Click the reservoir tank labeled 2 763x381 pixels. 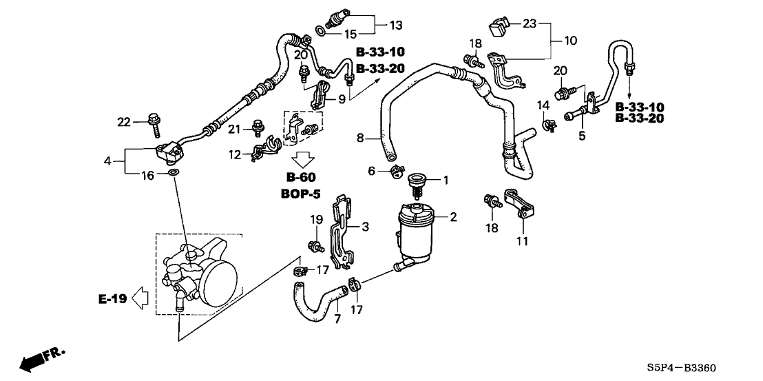pyautogui.click(x=414, y=234)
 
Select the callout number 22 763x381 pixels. pyautogui.click(x=124, y=122)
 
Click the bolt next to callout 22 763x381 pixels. pyautogui.click(x=153, y=125)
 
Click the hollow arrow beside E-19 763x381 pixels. pyautogui.click(x=140, y=298)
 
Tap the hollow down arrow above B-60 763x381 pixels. pyautogui.click(x=303, y=158)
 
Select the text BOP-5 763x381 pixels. pyautogui.click(x=301, y=194)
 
